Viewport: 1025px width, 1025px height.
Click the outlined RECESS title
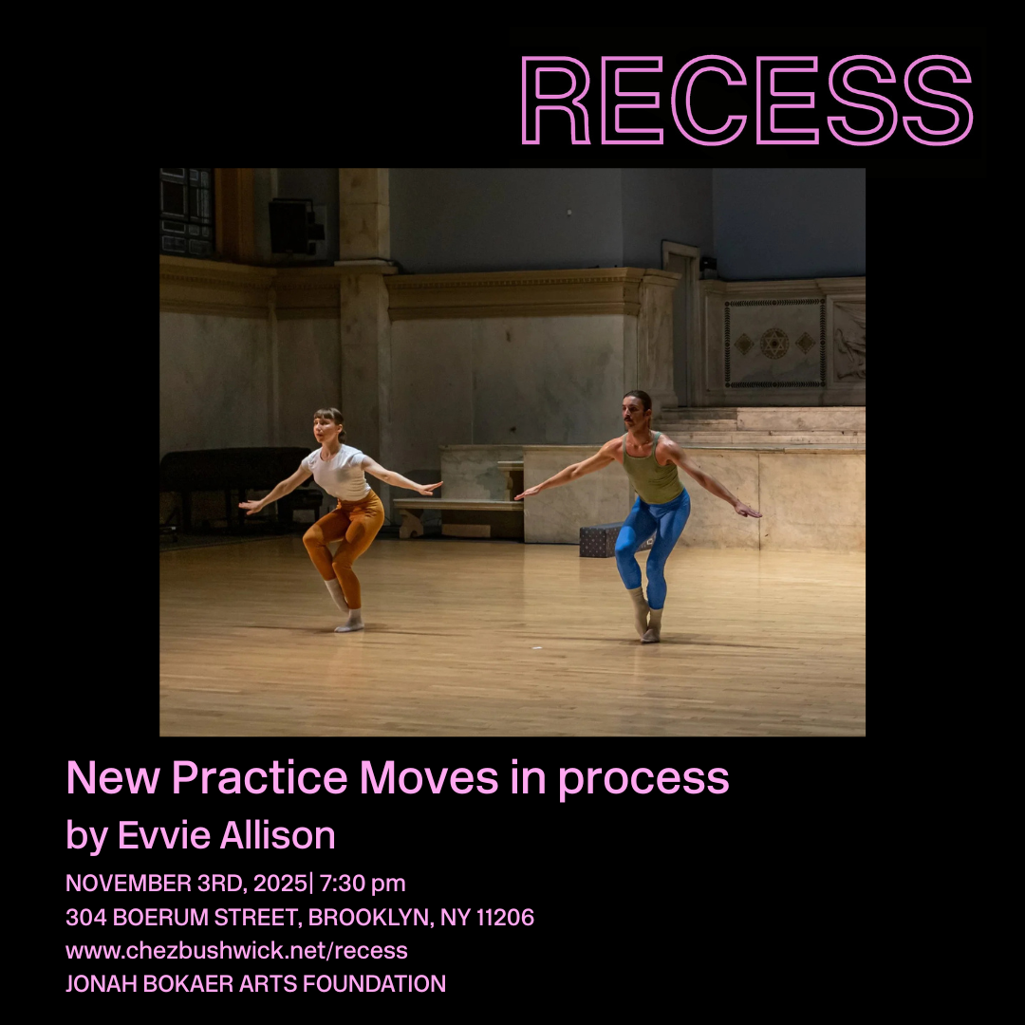pyautogui.click(x=747, y=101)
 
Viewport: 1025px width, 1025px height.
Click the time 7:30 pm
pyautogui.click(x=363, y=884)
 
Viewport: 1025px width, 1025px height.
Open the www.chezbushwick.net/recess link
pyautogui.click(x=236, y=950)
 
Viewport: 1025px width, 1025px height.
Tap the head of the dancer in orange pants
pyautogui.click(x=327, y=424)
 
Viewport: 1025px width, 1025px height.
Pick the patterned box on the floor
pyautogui.click(x=600, y=539)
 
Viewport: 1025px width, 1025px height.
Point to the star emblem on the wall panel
pyautogui.click(x=775, y=342)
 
